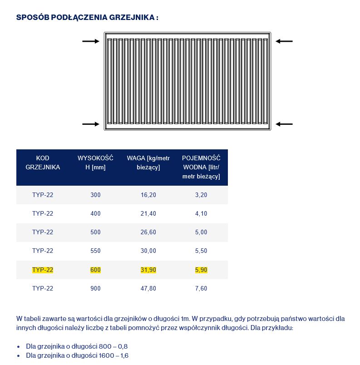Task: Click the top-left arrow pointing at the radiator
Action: coord(90,41)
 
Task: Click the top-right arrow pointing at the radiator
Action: coord(284,41)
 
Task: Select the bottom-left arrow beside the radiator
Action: coord(90,124)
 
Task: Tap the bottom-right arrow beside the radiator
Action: coord(284,124)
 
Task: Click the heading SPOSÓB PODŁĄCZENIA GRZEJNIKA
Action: coord(87,18)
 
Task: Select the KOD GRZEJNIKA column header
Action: coord(43,163)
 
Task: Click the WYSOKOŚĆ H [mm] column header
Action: coord(95,163)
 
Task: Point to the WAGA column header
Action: coord(148,163)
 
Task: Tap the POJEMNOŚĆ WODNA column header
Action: coord(201,167)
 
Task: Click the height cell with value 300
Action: coord(95,195)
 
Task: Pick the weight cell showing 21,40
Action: coord(148,214)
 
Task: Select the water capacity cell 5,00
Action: coord(201,232)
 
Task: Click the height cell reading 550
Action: coord(95,251)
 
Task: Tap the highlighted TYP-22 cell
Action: coord(43,270)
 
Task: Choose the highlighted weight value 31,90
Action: coord(148,270)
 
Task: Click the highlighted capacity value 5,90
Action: coord(201,270)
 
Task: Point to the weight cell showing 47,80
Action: coord(148,289)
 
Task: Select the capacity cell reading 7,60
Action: coord(201,289)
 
